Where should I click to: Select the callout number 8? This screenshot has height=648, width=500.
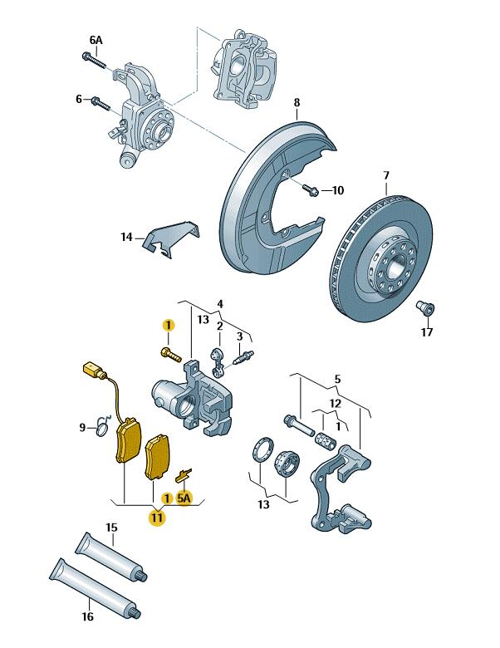click(297, 103)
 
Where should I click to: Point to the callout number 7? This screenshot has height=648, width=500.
click(386, 175)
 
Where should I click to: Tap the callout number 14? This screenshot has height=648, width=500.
click(126, 237)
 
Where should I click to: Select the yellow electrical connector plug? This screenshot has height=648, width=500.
click(91, 371)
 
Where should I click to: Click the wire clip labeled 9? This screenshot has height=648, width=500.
click(102, 427)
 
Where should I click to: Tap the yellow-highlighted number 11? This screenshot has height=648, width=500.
click(157, 518)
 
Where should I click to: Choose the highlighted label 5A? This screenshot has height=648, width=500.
click(184, 498)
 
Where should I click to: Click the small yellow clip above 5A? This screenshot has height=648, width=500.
click(185, 475)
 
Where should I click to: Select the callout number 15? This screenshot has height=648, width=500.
click(111, 528)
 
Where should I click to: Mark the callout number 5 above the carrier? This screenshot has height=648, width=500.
click(336, 380)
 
